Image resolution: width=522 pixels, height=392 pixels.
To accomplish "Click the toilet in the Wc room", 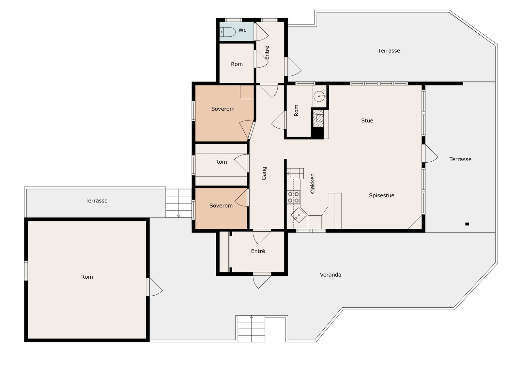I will click(228, 32).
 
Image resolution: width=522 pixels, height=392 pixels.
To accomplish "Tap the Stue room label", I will click(367, 121).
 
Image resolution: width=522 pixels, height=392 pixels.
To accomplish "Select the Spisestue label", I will click(381, 195).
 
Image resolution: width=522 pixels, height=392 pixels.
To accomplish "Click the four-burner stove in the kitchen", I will click(293, 197).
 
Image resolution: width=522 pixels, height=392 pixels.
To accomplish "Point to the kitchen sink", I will click(299, 216).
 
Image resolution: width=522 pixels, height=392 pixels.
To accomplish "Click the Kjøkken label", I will click(313, 184).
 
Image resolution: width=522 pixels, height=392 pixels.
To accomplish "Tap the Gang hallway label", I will click(264, 173).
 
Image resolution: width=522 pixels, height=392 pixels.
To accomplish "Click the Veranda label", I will click(330, 275).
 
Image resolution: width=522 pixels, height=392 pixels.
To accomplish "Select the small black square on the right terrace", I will click(467, 224).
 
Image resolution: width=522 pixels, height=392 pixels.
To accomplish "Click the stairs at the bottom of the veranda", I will click(251, 329).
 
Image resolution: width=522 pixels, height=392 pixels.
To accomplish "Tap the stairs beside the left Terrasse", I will click(178, 203).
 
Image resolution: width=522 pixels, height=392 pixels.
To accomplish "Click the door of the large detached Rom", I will click(153, 287).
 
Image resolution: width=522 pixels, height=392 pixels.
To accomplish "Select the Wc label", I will click(242, 30).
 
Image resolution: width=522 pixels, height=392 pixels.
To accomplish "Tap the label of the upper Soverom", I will click(223, 109).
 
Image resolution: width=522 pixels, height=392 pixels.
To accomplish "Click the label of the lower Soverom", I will click(221, 205).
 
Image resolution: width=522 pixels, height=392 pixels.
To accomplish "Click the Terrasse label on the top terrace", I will click(389, 51).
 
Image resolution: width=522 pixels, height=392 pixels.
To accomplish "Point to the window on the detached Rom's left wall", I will click(26, 270).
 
